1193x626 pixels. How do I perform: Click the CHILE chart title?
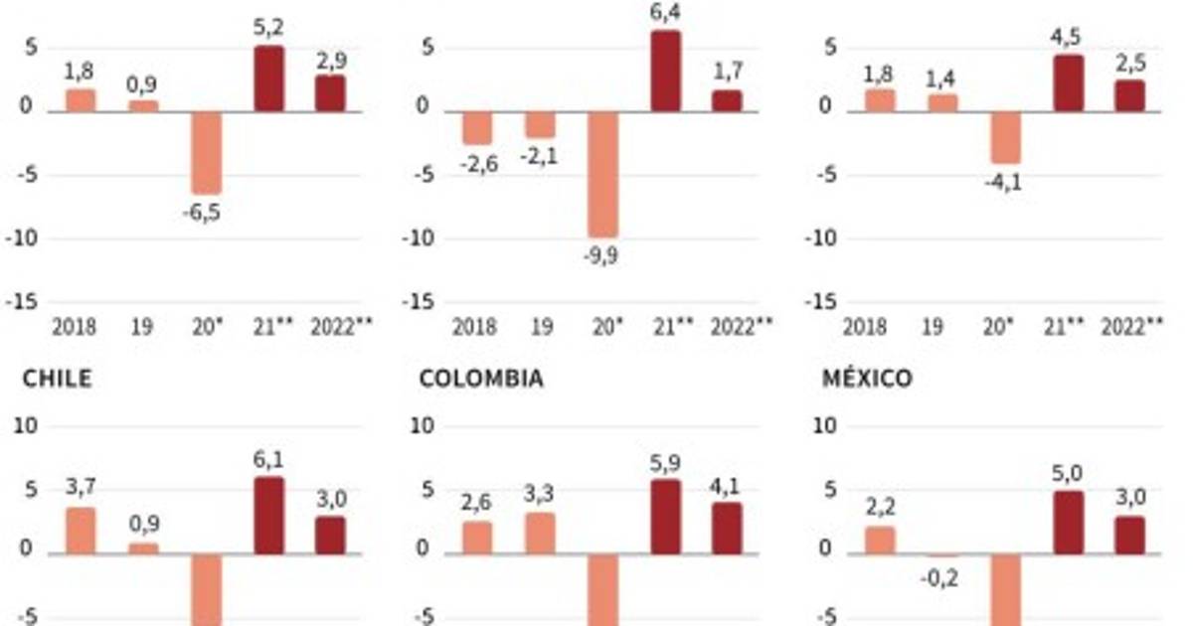pyautogui.click(x=57, y=379)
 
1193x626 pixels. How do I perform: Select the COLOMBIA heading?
pyautogui.click(x=481, y=379)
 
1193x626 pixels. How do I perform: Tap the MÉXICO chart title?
pyautogui.click(x=867, y=379)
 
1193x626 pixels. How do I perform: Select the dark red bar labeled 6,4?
pyautogui.click(x=666, y=72)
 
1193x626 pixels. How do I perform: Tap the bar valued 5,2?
pyautogui.click(x=268, y=78)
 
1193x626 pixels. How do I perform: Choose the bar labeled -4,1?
pyautogui.click(x=1005, y=137)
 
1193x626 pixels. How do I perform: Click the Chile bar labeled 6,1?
pyautogui.click(x=268, y=516)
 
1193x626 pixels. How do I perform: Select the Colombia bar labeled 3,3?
pyautogui.click(x=540, y=534)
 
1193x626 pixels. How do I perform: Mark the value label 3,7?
pyautogui.click(x=80, y=488)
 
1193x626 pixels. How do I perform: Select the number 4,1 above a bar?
pyautogui.click(x=726, y=486)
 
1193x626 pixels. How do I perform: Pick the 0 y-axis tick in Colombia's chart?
pyautogui.click(x=424, y=549)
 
